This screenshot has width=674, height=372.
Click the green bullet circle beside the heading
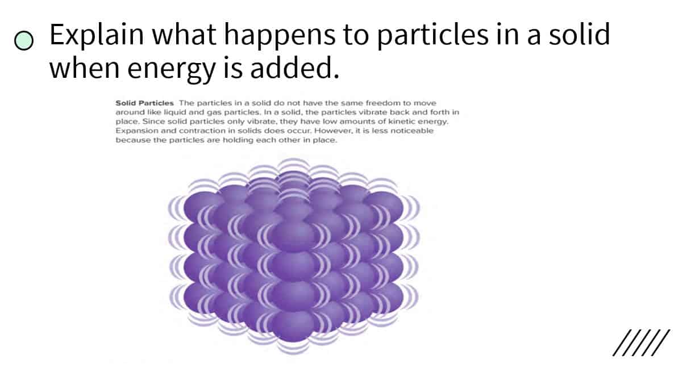24,40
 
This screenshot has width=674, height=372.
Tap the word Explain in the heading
97,35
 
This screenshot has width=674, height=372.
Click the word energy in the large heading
171,69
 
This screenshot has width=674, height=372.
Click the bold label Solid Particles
144,103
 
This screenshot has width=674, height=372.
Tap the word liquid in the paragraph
174,112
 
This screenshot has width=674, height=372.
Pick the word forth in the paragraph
440,112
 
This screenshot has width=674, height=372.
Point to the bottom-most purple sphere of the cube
293,327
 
